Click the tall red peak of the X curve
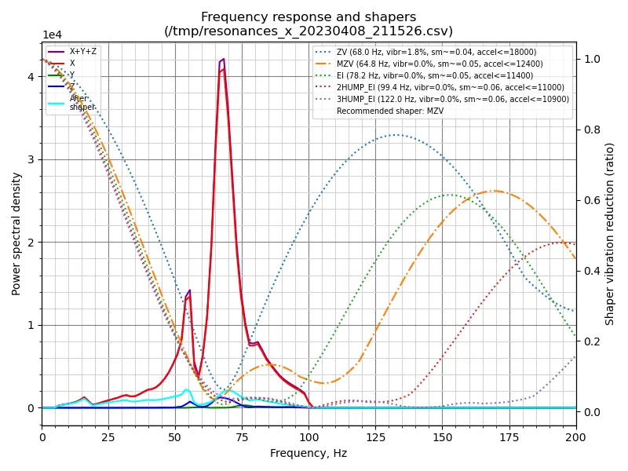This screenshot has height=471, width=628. click(x=223, y=69)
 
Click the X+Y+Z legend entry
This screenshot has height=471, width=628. click(x=83, y=51)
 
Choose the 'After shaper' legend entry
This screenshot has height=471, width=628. click(x=82, y=103)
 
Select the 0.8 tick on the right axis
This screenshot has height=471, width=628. click(x=591, y=130)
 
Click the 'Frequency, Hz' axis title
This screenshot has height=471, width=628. click(x=309, y=453)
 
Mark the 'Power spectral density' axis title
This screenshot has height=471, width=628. click(x=16, y=234)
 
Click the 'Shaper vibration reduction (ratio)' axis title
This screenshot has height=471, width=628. click(x=610, y=234)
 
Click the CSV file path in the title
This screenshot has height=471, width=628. click(x=309, y=31)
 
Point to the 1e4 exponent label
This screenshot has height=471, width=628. click(x=52, y=35)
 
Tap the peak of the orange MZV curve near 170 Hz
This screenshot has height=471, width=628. click(x=494, y=191)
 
